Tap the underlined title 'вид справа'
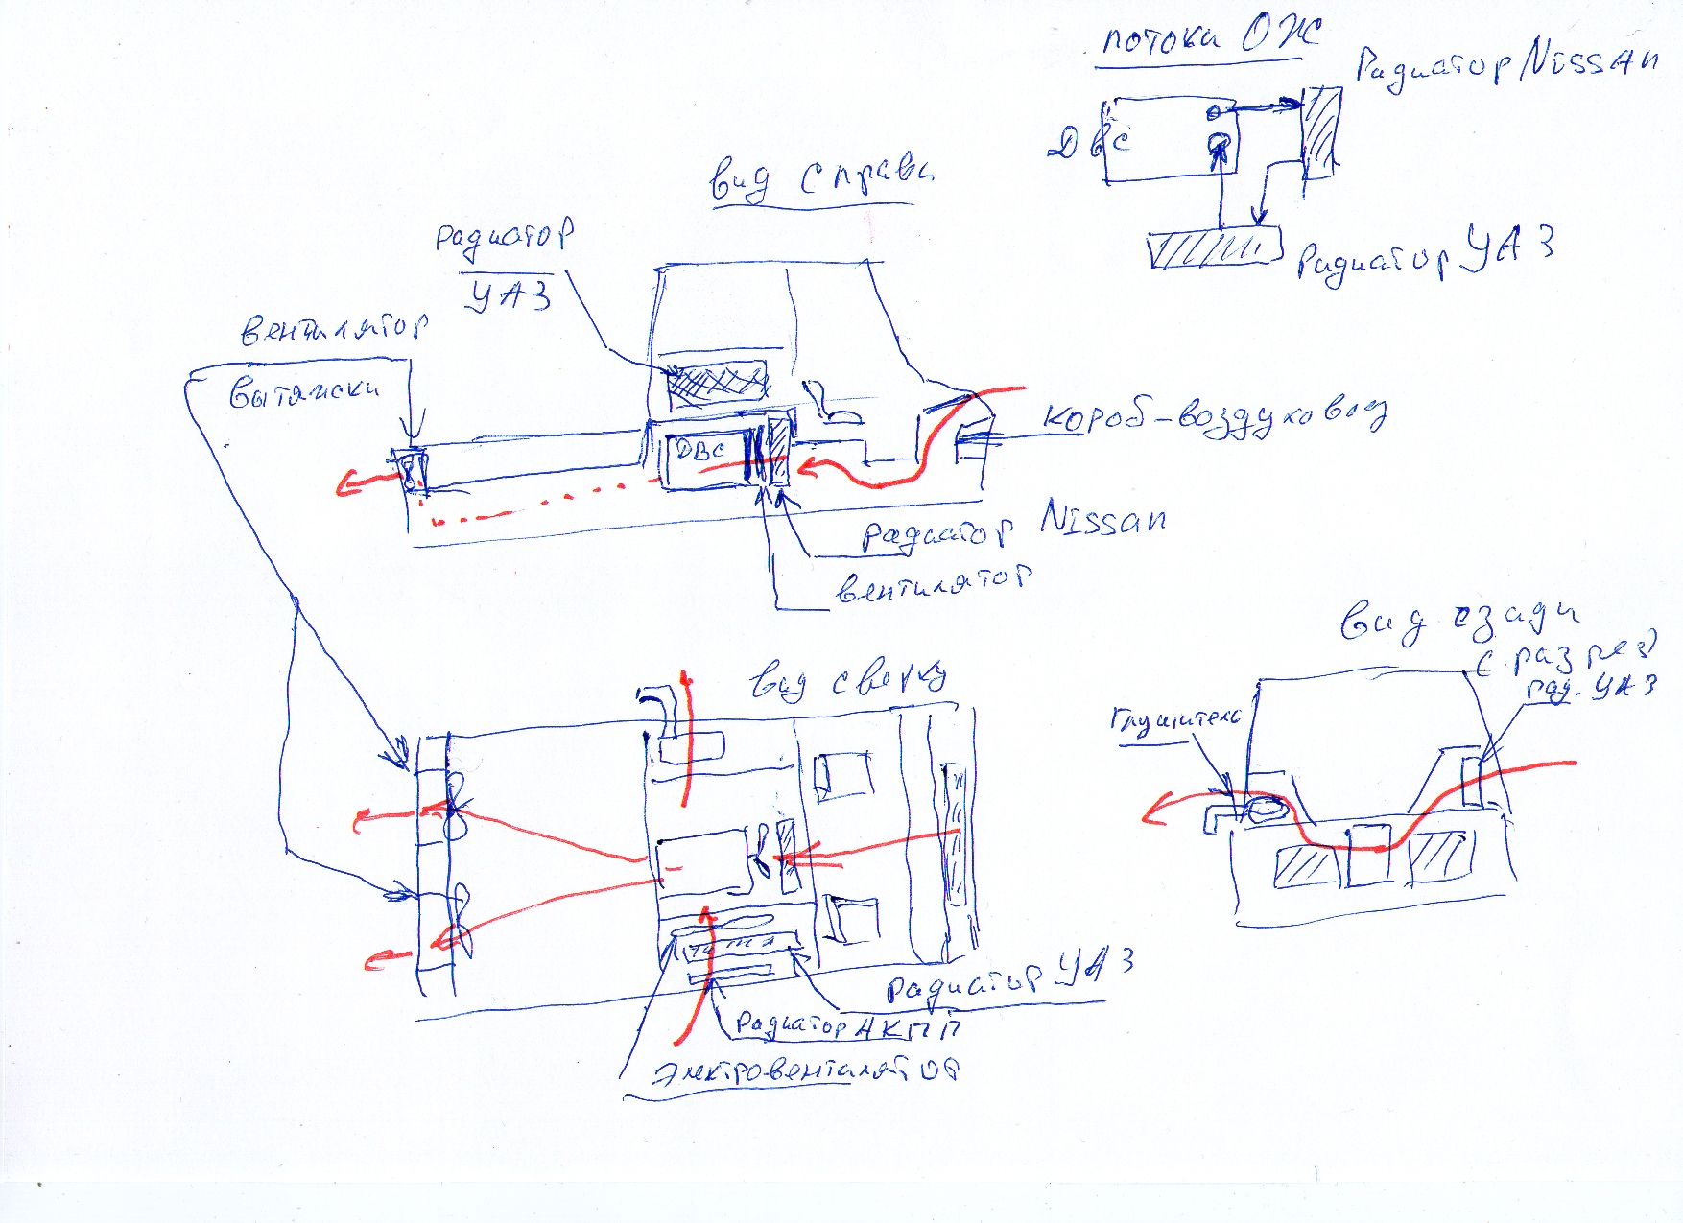tap(820, 179)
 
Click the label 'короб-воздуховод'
tap(1214, 417)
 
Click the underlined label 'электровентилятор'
tap(806, 1072)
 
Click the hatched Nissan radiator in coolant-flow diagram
tap(1321, 132)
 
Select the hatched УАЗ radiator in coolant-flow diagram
tap(1215, 248)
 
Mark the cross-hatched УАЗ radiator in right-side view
tap(717, 381)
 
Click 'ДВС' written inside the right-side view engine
tap(700, 449)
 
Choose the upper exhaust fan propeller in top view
tap(456, 804)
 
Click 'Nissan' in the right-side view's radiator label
tap(1103, 519)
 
